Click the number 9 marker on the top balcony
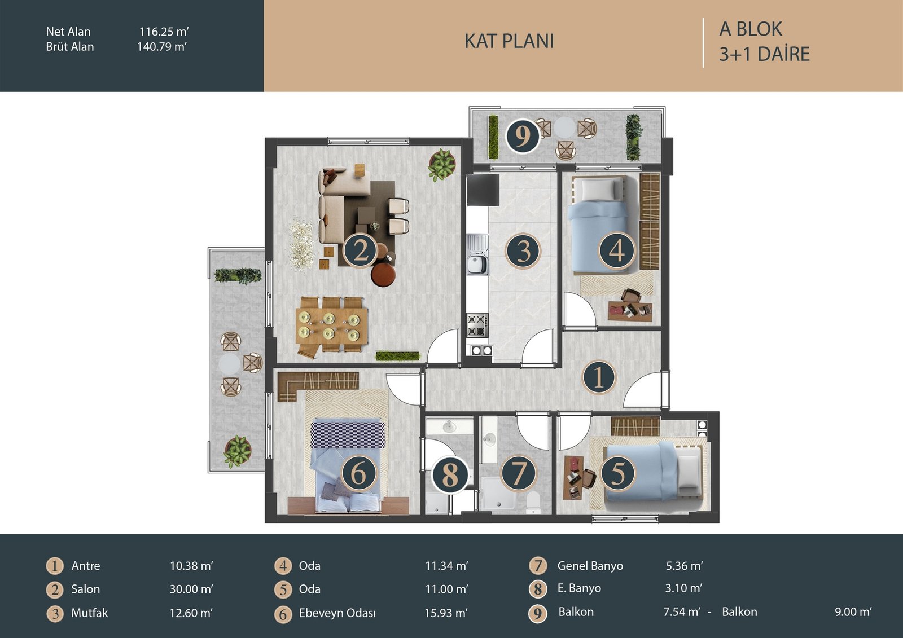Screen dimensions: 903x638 (x=523, y=136)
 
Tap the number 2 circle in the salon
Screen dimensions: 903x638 (x=360, y=251)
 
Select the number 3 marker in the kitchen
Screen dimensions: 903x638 (x=523, y=251)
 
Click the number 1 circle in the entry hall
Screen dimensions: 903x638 (x=599, y=377)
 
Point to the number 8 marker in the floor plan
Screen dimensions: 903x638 (x=450, y=475)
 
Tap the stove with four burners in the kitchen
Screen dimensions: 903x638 (x=477, y=325)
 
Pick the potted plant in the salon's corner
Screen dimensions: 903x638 (x=442, y=165)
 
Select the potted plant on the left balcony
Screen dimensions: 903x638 (x=238, y=451)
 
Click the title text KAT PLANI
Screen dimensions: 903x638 (x=509, y=41)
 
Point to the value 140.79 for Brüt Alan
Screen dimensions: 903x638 (x=161, y=47)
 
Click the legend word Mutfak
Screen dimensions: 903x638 (x=90, y=613)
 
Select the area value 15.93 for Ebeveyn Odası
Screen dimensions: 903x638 (x=446, y=613)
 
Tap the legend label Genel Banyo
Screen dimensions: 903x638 (x=590, y=566)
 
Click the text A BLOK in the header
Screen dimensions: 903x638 (x=751, y=29)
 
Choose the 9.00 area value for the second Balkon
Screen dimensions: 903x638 (x=853, y=612)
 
